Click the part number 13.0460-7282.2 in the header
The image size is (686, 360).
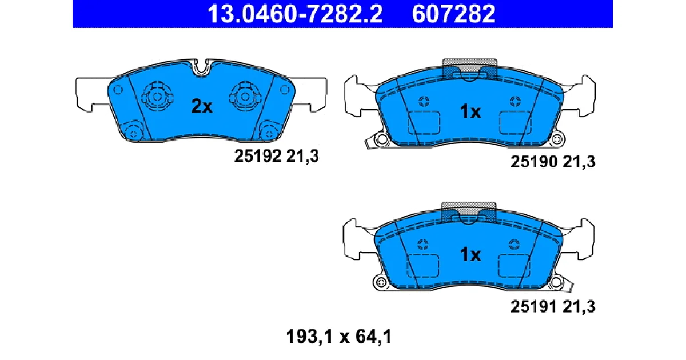click(x=295, y=14)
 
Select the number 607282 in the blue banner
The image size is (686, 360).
click(x=453, y=14)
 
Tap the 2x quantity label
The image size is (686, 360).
click(x=201, y=106)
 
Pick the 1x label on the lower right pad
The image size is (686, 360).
click(x=470, y=254)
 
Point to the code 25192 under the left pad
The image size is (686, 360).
click(x=258, y=156)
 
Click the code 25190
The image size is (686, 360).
click(x=534, y=161)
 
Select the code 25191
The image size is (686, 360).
click(x=534, y=306)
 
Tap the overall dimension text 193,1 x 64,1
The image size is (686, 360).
click(x=339, y=337)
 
